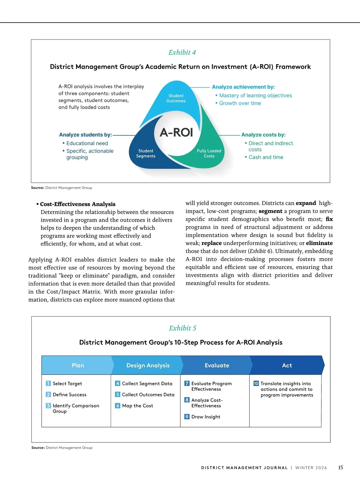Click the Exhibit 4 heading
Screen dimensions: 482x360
(x=182, y=53)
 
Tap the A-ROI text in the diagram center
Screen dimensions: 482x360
(x=176, y=132)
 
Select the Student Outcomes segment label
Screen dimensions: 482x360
(x=176, y=98)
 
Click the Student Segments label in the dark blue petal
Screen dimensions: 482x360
(x=146, y=153)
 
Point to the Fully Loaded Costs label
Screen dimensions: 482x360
(x=209, y=153)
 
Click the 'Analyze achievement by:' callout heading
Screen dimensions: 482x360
(x=243, y=87)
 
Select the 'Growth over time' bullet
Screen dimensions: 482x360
(x=240, y=103)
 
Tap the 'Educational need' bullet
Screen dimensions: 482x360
(x=87, y=143)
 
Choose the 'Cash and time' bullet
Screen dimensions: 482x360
(x=266, y=157)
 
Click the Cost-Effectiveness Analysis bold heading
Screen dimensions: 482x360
(x=78, y=204)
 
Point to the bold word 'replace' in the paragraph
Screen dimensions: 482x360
(x=211, y=243)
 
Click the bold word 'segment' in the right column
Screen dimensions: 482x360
(x=270, y=211)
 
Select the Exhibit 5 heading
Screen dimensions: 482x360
(x=182, y=328)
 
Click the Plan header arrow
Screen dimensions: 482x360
(x=78, y=365)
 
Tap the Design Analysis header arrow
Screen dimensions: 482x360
(x=148, y=365)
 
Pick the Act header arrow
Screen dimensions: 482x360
(x=287, y=365)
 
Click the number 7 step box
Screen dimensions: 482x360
(x=187, y=383)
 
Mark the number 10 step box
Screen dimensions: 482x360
(x=256, y=383)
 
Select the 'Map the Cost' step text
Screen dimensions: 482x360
(x=137, y=406)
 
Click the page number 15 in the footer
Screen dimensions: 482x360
(x=340, y=467)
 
